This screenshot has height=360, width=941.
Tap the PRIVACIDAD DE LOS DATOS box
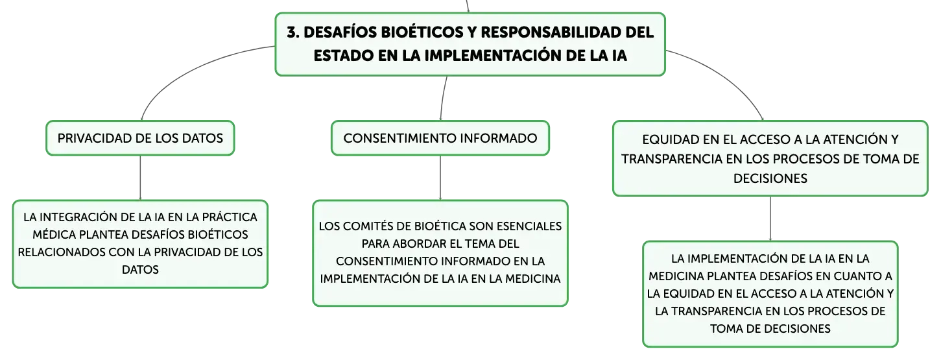(140, 138)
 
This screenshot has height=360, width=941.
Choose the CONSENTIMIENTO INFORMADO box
(440, 138)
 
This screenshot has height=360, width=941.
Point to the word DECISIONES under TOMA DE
(770, 178)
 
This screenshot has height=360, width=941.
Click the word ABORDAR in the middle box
(419, 244)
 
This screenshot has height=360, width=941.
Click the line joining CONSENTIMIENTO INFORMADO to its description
(440, 178)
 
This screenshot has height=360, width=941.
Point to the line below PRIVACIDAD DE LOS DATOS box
(140, 178)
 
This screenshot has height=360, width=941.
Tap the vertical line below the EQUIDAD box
(770, 219)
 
